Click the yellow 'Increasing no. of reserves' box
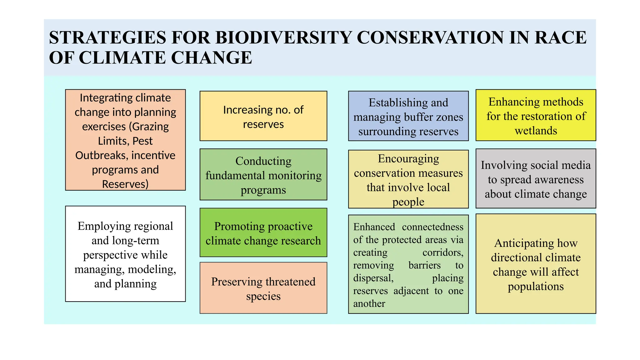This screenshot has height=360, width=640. pyautogui.click(x=263, y=116)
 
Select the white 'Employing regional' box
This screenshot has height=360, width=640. pyautogui.click(x=125, y=253)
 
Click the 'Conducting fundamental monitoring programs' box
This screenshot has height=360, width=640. pyautogui.click(x=263, y=174)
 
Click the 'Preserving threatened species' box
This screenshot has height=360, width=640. pyautogui.click(x=263, y=288)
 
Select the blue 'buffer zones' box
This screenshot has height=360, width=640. pyautogui.click(x=408, y=116)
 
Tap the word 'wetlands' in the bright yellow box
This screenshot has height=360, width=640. pyautogui.click(x=536, y=131)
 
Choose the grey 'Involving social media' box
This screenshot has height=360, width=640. pyautogui.click(x=536, y=179)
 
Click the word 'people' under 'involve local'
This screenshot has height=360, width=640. pyautogui.click(x=408, y=202)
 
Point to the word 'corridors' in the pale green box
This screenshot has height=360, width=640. pyautogui.click(x=443, y=252)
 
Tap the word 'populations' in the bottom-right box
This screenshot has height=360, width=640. pyautogui.click(x=536, y=286)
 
